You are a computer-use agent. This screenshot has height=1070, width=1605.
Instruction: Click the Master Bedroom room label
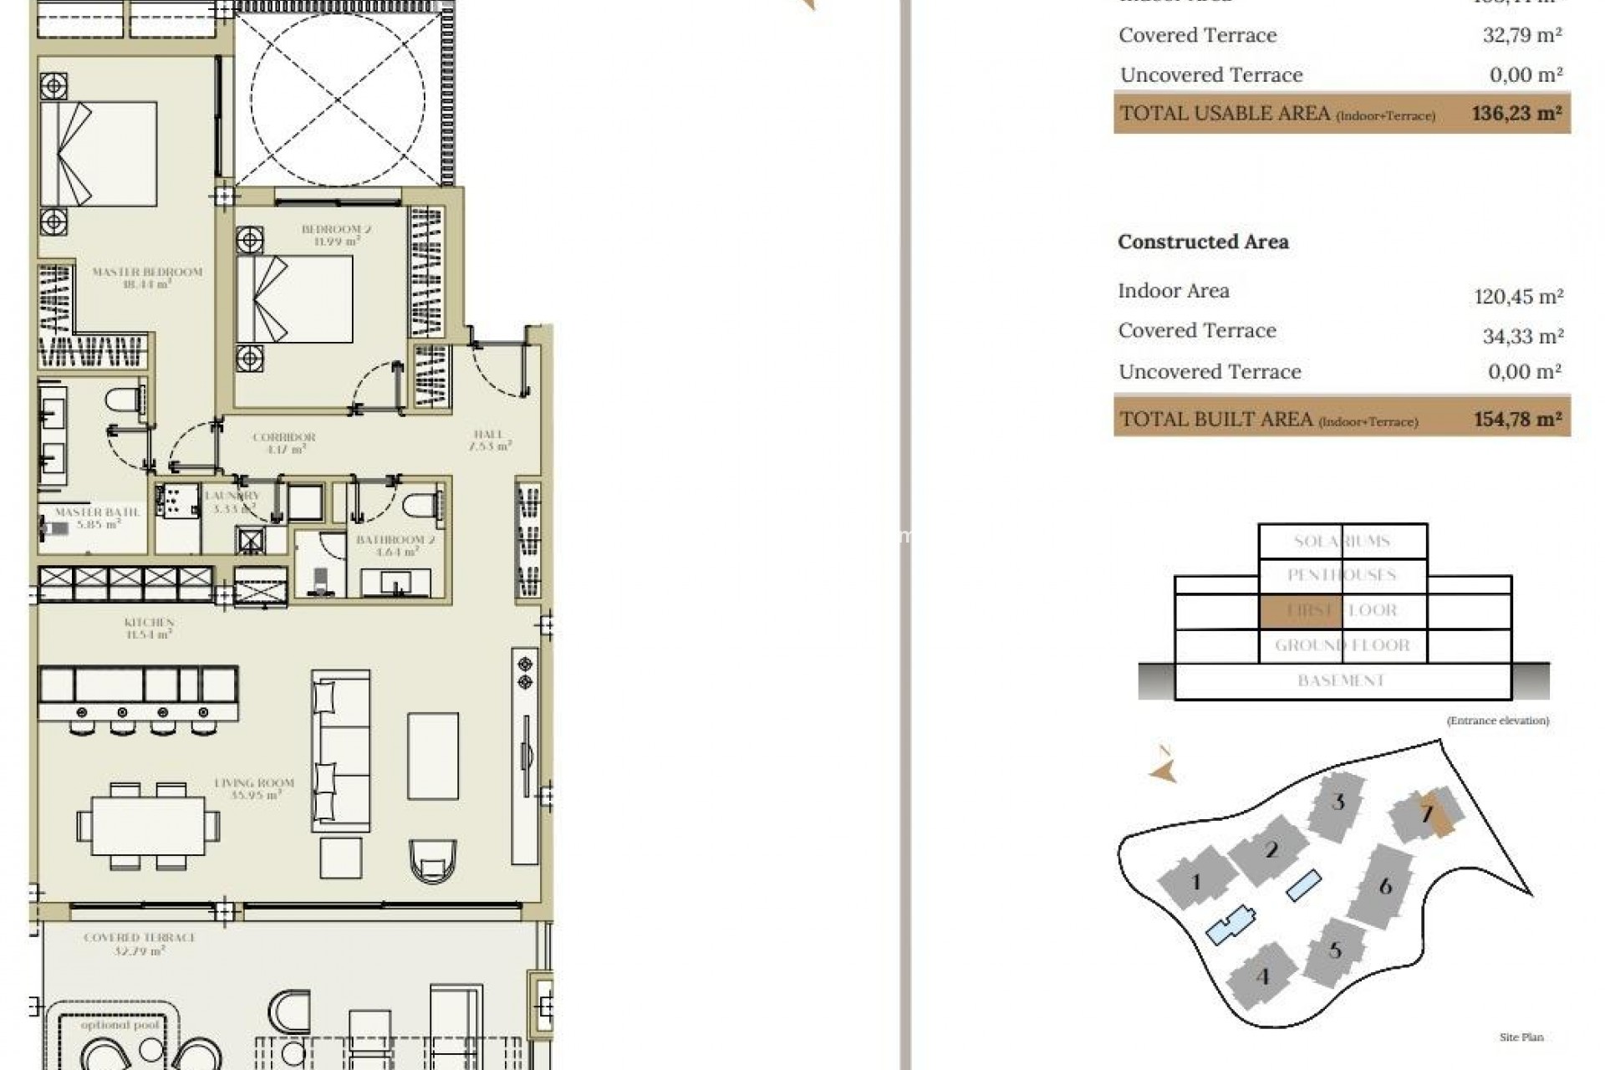(147, 273)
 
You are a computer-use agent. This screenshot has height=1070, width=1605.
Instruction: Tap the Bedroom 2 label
(336, 230)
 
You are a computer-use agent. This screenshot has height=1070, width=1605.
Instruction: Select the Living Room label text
(254, 784)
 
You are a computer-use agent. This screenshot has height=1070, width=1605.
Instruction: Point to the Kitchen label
(149, 624)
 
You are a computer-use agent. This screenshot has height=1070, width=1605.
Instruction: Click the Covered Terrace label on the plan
(140, 939)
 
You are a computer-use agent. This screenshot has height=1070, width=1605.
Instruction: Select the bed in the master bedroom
(99, 154)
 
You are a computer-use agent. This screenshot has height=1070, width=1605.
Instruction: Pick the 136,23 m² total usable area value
(1516, 114)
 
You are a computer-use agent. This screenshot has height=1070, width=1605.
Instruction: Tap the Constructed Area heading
(1203, 242)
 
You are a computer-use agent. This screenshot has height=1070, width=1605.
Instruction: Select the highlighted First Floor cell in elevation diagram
(1300, 611)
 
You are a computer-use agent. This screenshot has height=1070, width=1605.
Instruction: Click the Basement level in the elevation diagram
(1342, 681)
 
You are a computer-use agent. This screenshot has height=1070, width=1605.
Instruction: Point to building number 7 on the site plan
(1428, 813)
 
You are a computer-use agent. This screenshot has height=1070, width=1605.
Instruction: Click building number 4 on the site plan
(1262, 976)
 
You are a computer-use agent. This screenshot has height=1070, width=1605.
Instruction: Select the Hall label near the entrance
(488, 435)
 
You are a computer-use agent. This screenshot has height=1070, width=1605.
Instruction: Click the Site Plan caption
(1521, 1037)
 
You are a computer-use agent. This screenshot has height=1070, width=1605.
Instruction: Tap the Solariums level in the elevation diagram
(1342, 542)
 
